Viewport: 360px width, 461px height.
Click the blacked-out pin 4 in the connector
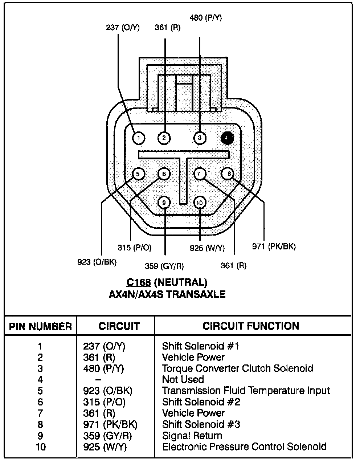point(227,138)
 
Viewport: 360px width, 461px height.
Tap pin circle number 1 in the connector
point(138,138)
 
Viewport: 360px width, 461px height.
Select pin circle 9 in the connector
point(164,202)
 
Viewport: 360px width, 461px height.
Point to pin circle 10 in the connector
point(200,202)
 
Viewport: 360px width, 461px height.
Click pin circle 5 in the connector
point(138,174)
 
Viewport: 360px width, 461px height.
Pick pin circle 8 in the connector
point(229,174)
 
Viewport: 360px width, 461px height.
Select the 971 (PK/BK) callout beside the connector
point(274,247)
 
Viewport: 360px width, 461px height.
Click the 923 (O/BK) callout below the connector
point(97,262)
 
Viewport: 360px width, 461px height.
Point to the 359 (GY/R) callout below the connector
point(164,266)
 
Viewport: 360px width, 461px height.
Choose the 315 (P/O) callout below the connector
point(134,248)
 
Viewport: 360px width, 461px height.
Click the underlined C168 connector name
point(139,282)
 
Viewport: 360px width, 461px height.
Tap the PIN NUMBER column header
point(40,326)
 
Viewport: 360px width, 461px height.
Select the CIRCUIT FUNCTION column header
point(251,326)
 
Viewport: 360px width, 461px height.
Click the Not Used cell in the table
point(183,380)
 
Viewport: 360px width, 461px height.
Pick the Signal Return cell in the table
point(192,436)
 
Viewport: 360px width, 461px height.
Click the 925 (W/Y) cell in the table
point(105,447)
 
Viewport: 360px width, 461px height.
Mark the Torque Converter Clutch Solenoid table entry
point(237,368)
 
